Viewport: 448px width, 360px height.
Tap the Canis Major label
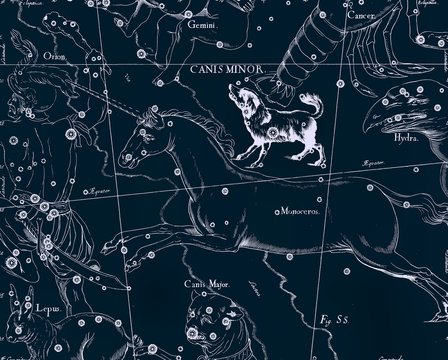pos(205,283)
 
